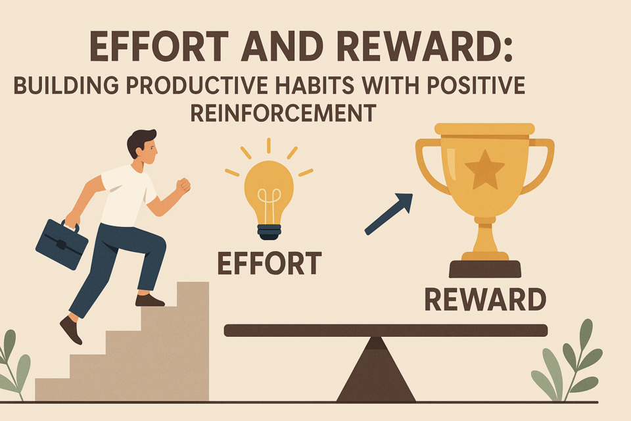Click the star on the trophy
(x=484, y=170)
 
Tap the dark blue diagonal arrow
(x=388, y=214)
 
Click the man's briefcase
(x=62, y=244)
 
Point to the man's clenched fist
(x=183, y=186)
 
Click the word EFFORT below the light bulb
(x=269, y=263)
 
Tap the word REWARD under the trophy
(x=485, y=299)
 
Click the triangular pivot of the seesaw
(x=376, y=370)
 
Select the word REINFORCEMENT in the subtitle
(x=283, y=112)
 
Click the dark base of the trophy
(x=485, y=268)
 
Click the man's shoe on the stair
(x=149, y=300)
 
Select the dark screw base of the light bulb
(x=269, y=232)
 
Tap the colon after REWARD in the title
(x=508, y=47)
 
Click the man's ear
(x=139, y=151)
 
